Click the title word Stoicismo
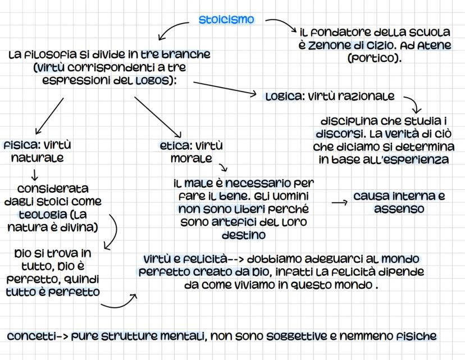point(226,20)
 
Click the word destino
point(244,235)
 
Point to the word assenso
point(399,209)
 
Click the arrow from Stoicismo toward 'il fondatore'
point(279,26)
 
